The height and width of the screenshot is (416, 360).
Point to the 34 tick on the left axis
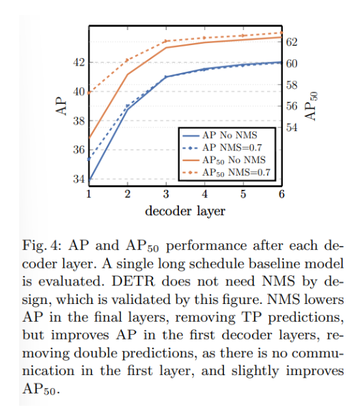(79, 180)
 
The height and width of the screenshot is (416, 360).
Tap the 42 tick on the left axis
(79, 63)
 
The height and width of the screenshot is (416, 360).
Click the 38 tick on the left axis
(79, 121)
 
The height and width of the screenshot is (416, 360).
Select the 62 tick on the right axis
(292, 42)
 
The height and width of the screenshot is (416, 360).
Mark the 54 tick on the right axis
(292, 128)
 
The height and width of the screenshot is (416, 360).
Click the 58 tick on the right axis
(292, 85)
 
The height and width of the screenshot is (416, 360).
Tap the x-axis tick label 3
(166, 194)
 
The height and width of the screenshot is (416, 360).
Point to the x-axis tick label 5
(243, 194)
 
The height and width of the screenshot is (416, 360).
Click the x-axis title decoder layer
(185, 212)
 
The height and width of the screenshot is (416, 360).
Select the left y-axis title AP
(61, 106)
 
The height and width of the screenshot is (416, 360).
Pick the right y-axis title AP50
(311, 106)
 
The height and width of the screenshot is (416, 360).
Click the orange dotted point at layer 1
(89, 93)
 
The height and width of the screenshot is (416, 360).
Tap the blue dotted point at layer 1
(89, 159)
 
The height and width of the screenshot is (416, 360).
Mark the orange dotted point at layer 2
(128, 60)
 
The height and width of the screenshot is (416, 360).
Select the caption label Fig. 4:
(42, 246)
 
